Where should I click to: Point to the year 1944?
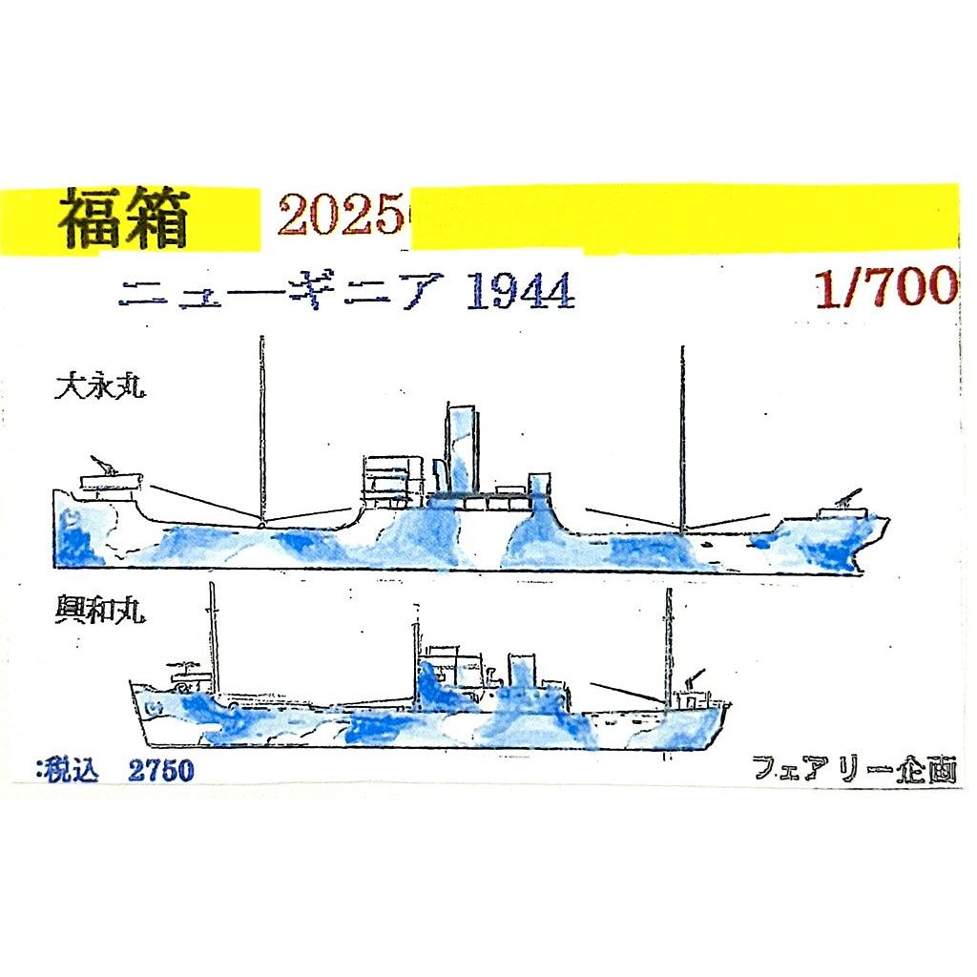pos(519,293)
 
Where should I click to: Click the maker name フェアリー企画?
pos(853,768)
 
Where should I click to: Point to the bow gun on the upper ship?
pos(845,502)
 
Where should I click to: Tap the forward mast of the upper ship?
pos(681,439)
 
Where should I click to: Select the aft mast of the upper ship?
pos(260,429)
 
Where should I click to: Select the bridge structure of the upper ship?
pos(391,482)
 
